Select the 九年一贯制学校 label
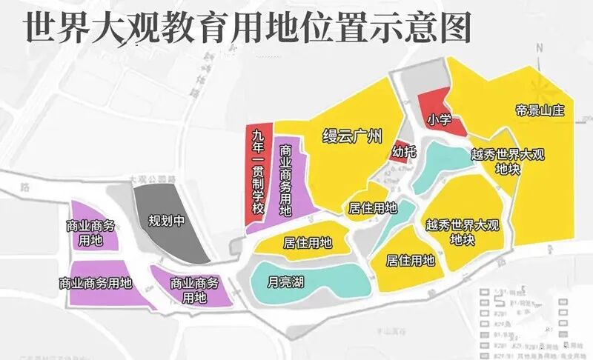pos(258,171)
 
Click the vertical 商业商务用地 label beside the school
pos(285,180)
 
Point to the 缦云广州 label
pos(352,136)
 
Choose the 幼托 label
pos(403,152)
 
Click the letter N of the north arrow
pos(540,49)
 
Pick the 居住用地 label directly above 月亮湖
pos(307,242)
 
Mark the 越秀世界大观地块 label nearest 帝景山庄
pos(507,161)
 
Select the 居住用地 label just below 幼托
pos(372,208)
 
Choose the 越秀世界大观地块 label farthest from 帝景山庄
pos(463,231)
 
